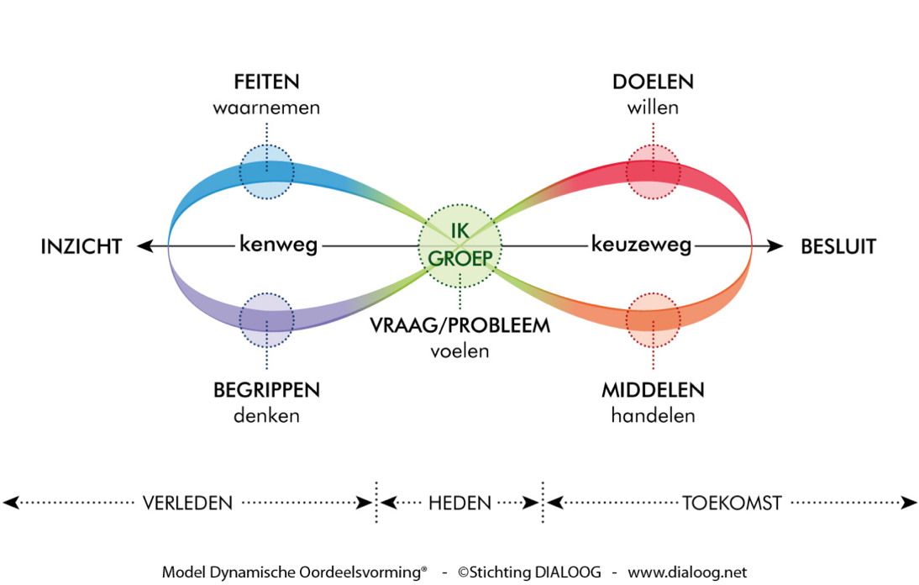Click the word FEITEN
click(x=266, y=82)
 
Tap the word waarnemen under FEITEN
click(x=266, y=108)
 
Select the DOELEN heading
click(x=653, y=82)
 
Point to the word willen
click(x=653, y=108)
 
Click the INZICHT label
click(x=81, y=246)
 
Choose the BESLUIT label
click(x=838, y=246)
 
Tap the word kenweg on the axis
click(x=278, y=245)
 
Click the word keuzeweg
click(x=641, y=245)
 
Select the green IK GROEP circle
click(x=459, y=246)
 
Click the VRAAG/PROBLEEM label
click(x=460, y=325)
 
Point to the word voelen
click(x=459, y=350)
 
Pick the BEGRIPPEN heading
click(x=266, y=391)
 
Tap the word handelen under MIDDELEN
click(x=653, y=415)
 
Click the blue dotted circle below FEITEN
click(x=266, y=171)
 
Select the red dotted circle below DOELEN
click(x=653, y=171)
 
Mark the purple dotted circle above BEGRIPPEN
click(x=266, y=320)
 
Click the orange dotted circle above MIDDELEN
click(x=653, y=320)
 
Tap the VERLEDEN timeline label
click(x=186, y=503)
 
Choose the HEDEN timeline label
click(x=459, y=503)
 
